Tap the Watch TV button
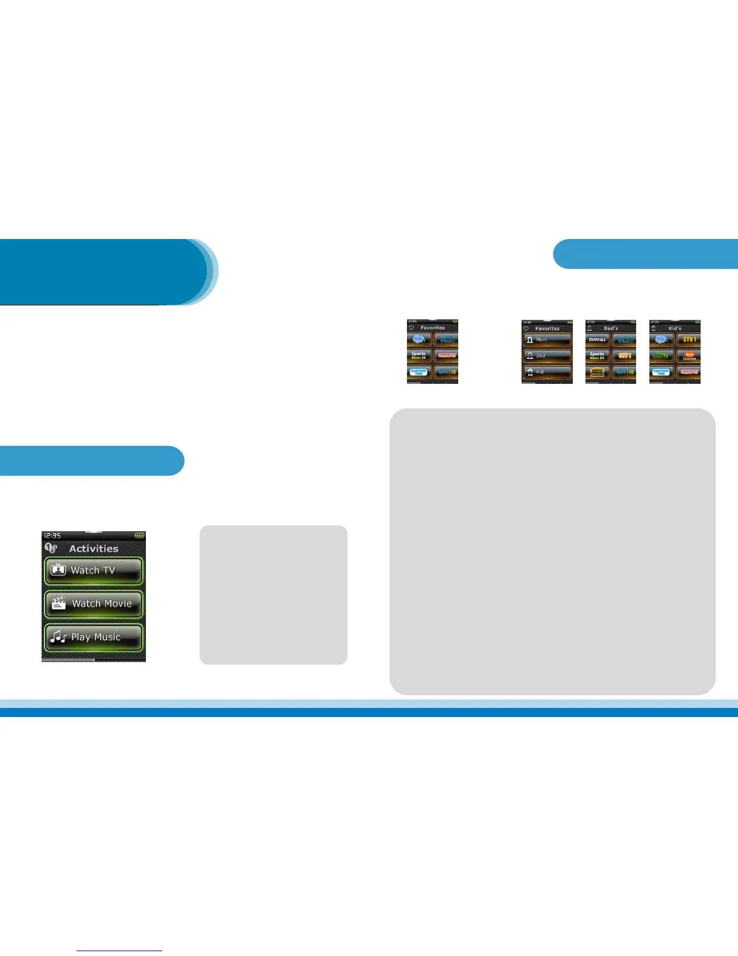tap(93, 570)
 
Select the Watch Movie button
tap(93, 604)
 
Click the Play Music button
tap(93, 637)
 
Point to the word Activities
tap(93, 549)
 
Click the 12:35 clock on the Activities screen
tap(52, 535)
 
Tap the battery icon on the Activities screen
tap(139, 535)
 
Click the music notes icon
tap(58, 637)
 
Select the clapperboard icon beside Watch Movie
tap(58, 604)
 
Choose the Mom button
tap(547, 340)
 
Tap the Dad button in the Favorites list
tap(547, 356)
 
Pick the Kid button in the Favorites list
tap(547, 372)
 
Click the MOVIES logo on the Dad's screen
tap(597, 340)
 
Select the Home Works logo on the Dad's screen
tap(597, 372)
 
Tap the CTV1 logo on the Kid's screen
tap(689, 340)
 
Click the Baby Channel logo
tap(689, 356)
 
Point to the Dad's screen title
tap(611, 328)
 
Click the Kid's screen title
tap(675, 328)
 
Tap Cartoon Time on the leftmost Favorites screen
tap(419, 372)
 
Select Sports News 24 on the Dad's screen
tap(597, 356)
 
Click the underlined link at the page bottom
tap(119, 950)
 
